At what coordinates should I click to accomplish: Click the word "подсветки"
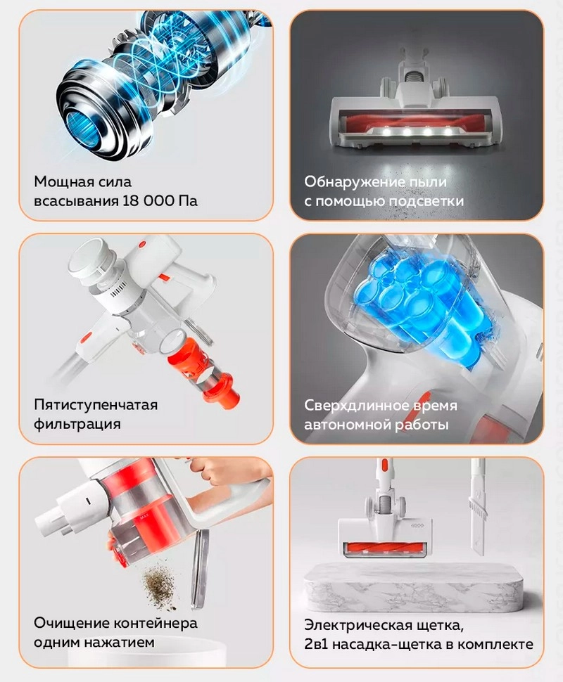[426, 201]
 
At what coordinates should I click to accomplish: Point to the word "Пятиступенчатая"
[96, 406]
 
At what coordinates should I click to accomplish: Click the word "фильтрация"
[77, 424]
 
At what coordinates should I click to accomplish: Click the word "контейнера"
[156, 623]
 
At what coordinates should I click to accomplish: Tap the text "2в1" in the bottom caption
[316, 644]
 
